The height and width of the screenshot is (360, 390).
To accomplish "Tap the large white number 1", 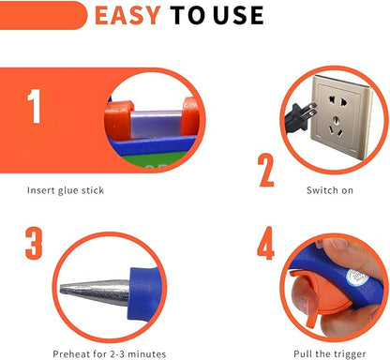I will (35, 107).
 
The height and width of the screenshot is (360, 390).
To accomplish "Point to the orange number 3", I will (35, 242).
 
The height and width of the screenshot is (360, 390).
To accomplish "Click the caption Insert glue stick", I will (65, 190).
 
